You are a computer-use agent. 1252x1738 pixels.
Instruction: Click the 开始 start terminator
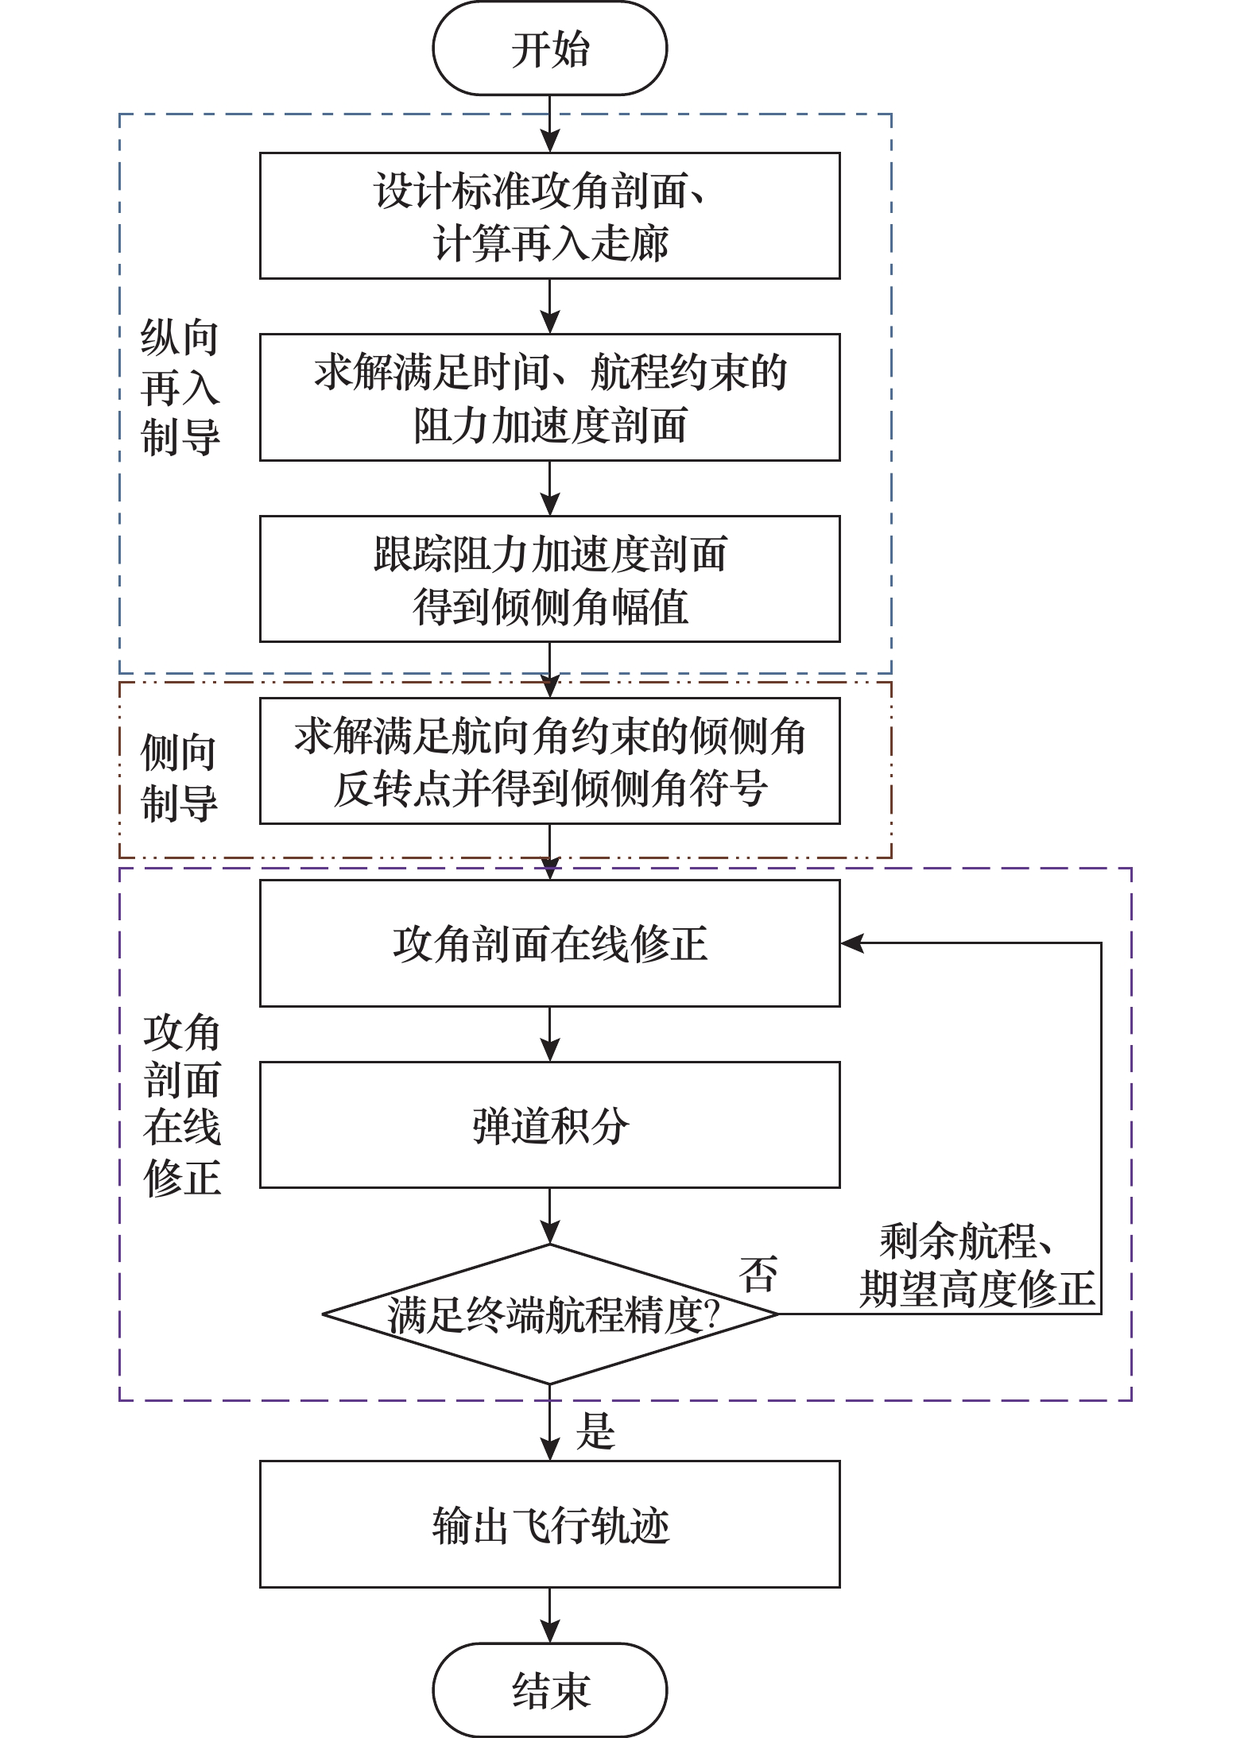(549, 49)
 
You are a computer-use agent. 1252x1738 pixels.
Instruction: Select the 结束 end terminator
(549, 1690)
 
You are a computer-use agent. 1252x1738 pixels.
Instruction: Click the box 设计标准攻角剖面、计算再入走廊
(549, 215)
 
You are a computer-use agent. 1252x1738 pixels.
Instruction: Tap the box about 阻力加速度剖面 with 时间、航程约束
(549, 397)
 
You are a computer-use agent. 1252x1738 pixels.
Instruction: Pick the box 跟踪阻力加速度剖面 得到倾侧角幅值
(549, 579)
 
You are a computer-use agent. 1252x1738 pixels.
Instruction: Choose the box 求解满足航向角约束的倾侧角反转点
(549, 761)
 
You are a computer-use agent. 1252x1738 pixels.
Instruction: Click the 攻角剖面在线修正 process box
(549, 943)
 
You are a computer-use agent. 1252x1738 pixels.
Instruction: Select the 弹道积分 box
(549, 1124)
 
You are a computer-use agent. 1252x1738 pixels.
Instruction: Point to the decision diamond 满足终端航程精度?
(549, 1314)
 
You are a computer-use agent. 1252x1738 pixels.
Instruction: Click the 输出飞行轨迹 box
(549, 1524)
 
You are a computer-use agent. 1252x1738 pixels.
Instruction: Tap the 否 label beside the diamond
(758, 1274)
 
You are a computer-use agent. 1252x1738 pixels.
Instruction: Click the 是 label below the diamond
(595, 1430)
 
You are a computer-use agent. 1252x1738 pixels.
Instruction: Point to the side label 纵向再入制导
(180, 387)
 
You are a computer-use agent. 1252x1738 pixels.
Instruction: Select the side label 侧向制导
(180, 776)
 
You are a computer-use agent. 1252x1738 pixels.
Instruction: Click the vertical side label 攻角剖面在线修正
(182, 1105)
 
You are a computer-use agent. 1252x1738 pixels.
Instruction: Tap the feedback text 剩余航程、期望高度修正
(976, 1264)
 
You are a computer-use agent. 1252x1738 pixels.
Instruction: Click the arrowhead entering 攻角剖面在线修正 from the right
(852, 943)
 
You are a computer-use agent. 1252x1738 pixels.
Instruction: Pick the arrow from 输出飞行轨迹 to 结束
(549, 1616)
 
